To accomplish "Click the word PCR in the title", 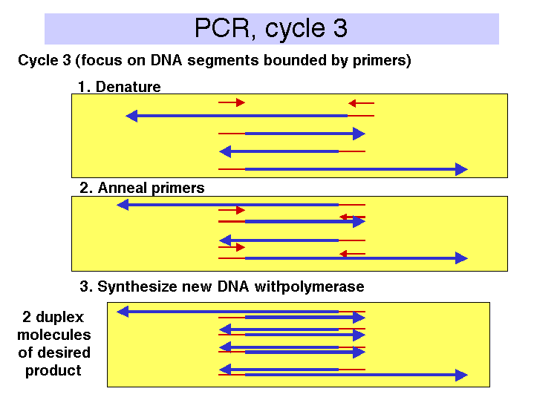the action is [222, 28].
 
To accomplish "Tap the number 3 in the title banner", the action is [340, 28].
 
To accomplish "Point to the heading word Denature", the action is [128, 87].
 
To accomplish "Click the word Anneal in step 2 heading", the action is [123, 188].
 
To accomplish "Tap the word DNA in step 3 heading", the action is [233, 286].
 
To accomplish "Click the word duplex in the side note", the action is [59, 318].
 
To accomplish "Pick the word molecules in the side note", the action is [54, 335].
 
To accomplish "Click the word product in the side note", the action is [53, 371].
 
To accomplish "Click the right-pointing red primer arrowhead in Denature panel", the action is [241, 102].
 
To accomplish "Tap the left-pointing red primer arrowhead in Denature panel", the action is [352, 103].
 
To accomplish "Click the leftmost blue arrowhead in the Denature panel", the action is [131, 116].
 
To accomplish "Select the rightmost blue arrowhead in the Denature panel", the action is [462, 169].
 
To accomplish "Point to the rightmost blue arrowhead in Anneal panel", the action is [462, 258].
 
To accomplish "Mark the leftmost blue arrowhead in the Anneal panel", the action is [123, 205].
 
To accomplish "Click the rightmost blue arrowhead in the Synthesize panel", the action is [462, 375].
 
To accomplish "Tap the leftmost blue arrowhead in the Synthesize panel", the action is [123, 312].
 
